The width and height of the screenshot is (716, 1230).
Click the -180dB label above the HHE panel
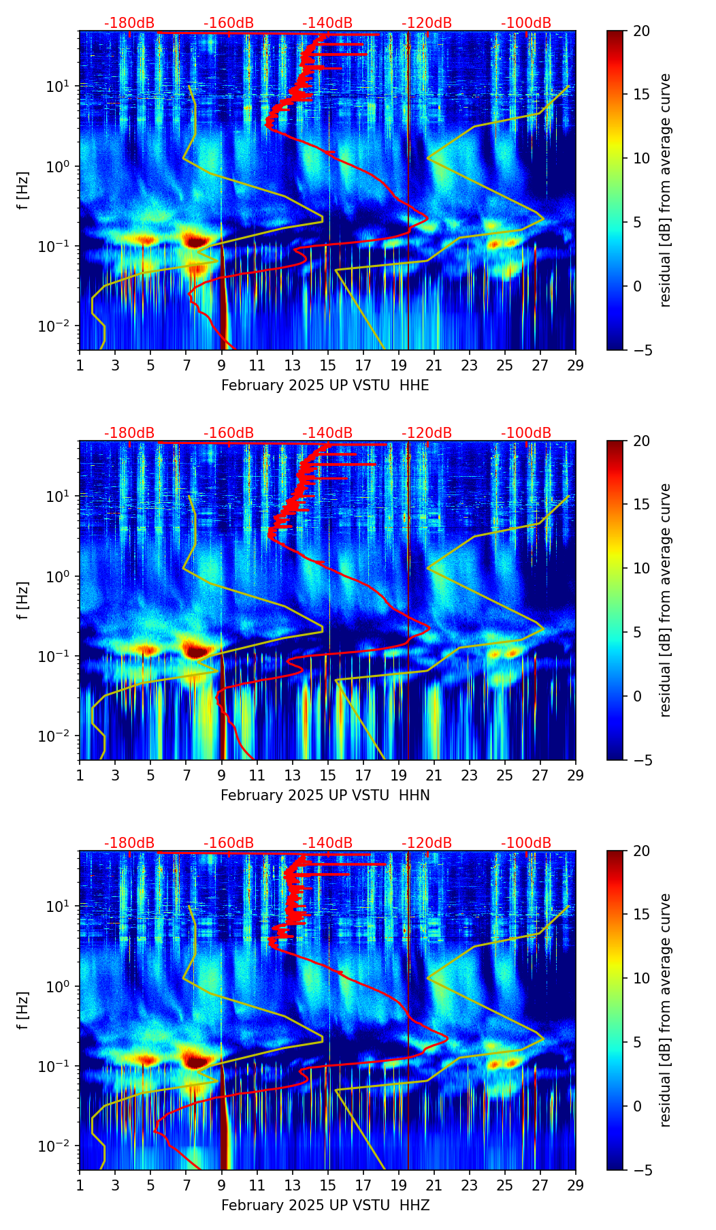pos(129,23)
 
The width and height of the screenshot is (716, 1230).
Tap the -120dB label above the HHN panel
pos(427,433)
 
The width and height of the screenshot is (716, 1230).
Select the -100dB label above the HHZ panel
pos(526,843)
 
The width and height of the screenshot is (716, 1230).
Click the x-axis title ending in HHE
pos(325,385)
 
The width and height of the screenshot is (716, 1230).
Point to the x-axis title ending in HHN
pos(325,795)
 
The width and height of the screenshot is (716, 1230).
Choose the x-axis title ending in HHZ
pos(325,1205)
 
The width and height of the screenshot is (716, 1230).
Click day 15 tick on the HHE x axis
pos(328,365)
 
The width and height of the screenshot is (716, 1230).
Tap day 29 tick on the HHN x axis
pos(576,775)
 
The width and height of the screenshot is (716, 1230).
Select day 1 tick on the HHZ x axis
pos(80,1185)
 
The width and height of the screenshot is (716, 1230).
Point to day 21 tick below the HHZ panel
pos(434,1185)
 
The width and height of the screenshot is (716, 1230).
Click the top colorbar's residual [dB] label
pos(665,190)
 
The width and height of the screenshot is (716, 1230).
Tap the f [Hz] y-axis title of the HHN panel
pos(23,600)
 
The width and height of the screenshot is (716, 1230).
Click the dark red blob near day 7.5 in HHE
pos(196,240)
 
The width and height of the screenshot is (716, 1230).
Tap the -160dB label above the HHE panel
pos(229,23)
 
